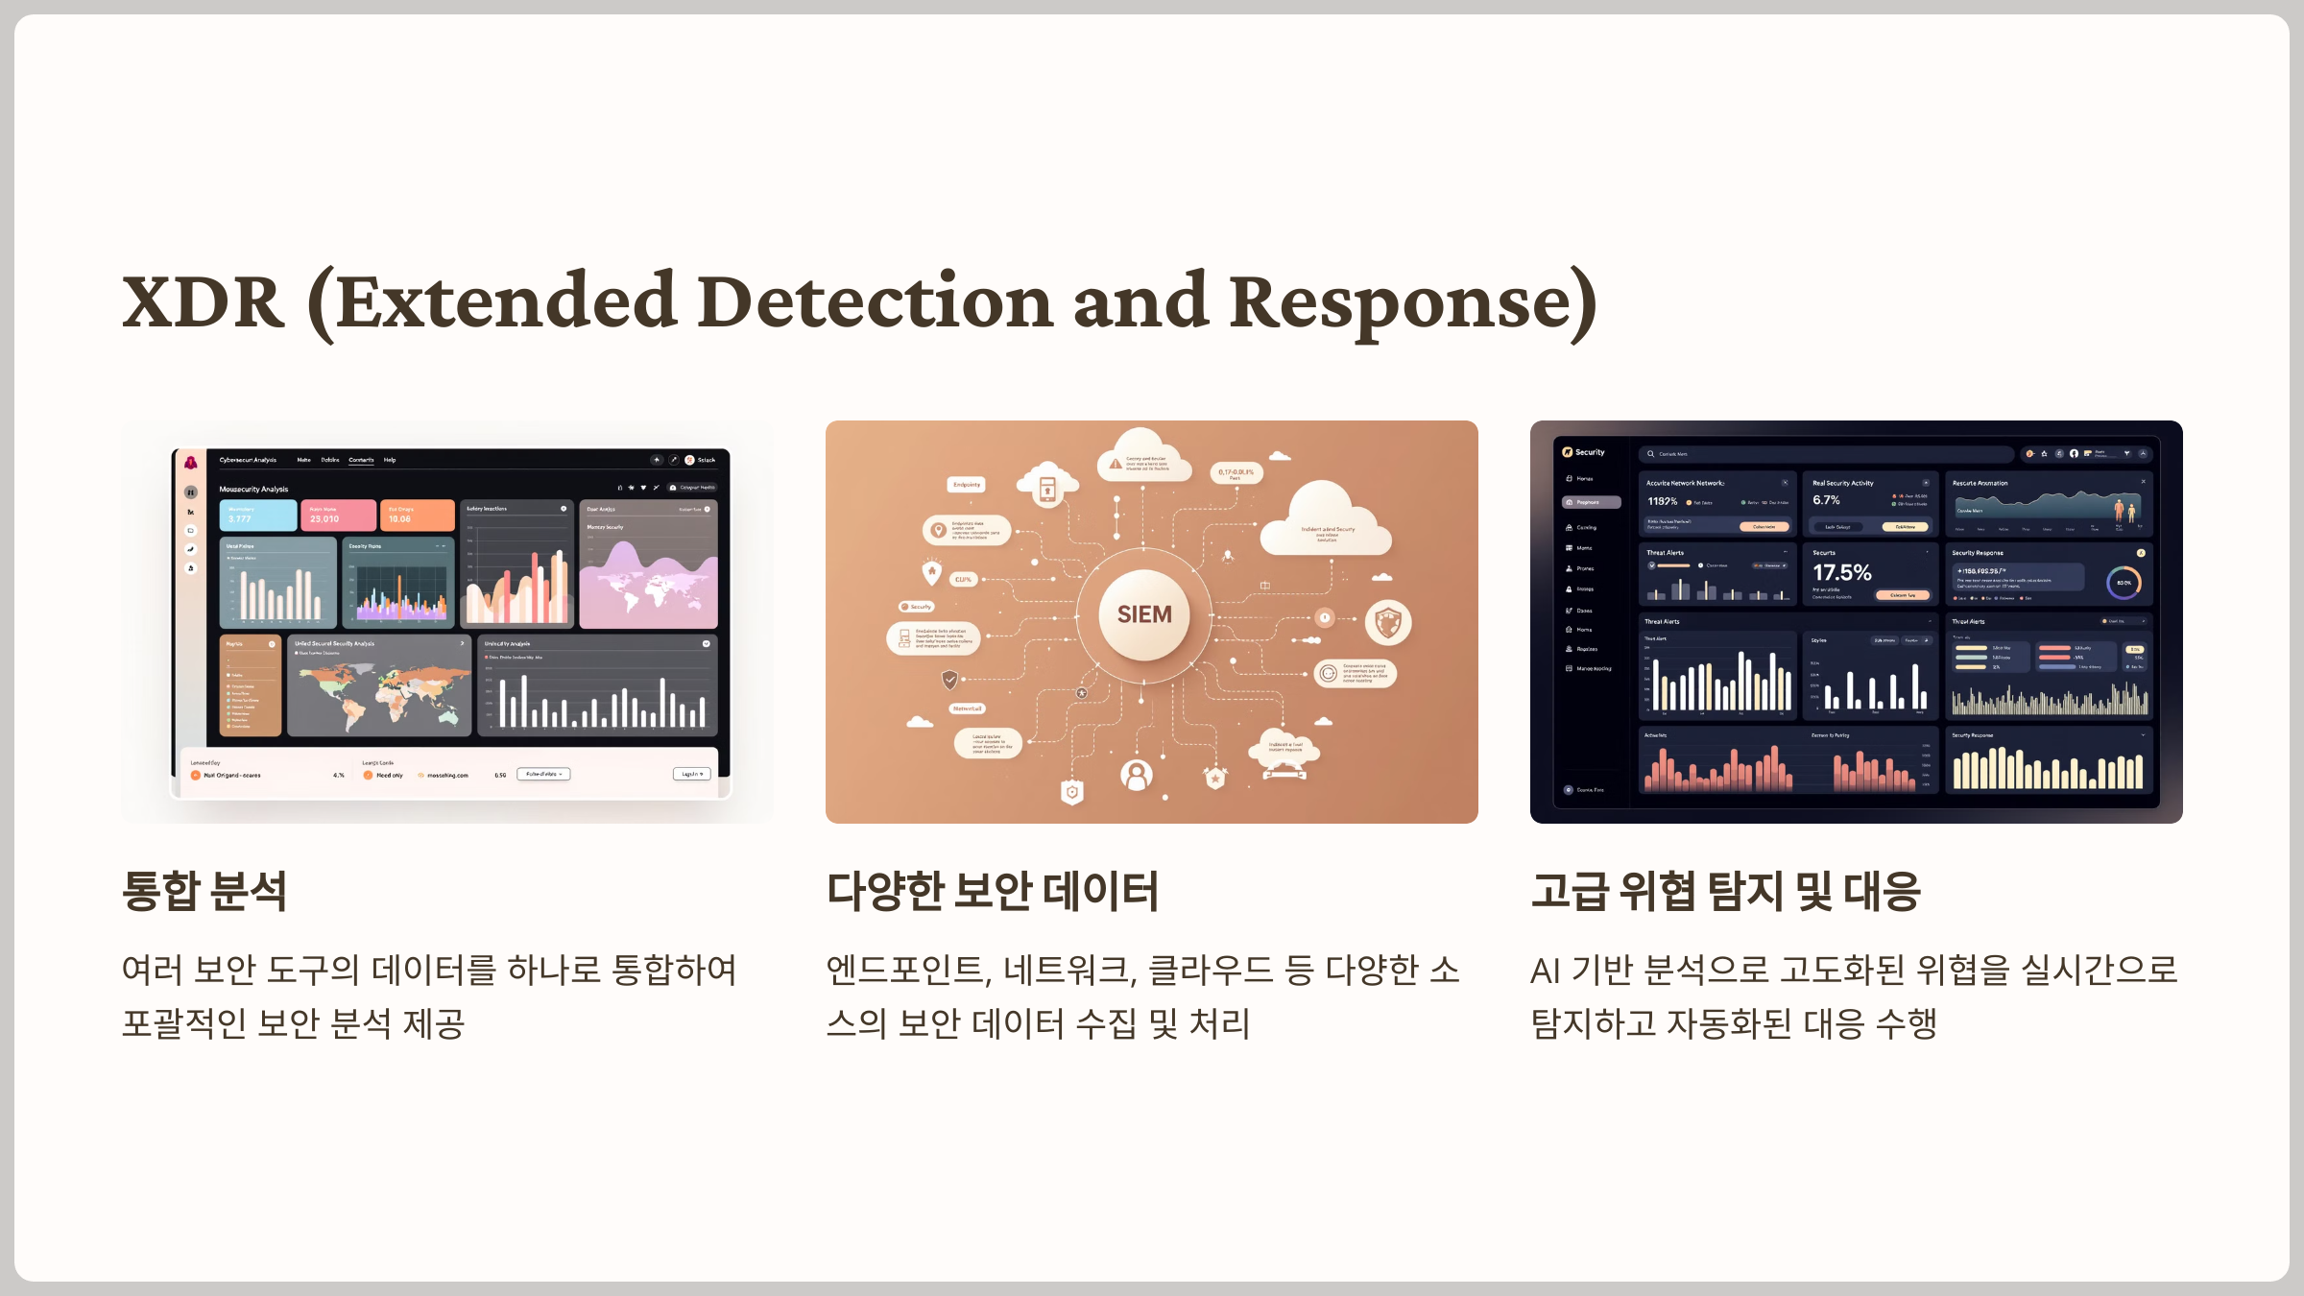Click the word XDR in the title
pyautogui.click(x=204, y=302)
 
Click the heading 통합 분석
pyautogui.click(x=204, y=890)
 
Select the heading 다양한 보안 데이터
pyautogui.click(x=993, y=890)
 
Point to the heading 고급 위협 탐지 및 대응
pyautogui.click(x=1725, y=890)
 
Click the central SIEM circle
pyautogui.click(x=1143, y=614)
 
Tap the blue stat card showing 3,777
pyautogui.click(x=257, y=516)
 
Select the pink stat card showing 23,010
pyautogui.click(x=337, y=516)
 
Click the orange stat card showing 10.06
pyautogui.click(x=417, y=516)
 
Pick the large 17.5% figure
pyautogui.click(x=1841, y=573)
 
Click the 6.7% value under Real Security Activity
pyautogui.click(x=1826, y=500)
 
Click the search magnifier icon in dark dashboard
pyautogui.click(x=1650, y=454)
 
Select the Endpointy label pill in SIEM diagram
pyautogui.click(x=967, y=485)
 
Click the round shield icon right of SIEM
pyautogui.click(x=1388, y=622)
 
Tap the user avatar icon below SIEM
pyautogui.click(x=1137, y=774)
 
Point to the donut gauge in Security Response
pyautogui.click(x=2124, y=583)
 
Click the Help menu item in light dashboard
pyautogui.click(x=390, y=460)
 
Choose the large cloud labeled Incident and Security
pyautogui.click(x=1327, y=523)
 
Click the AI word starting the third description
pyautogui.click(x=1545, y=971)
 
